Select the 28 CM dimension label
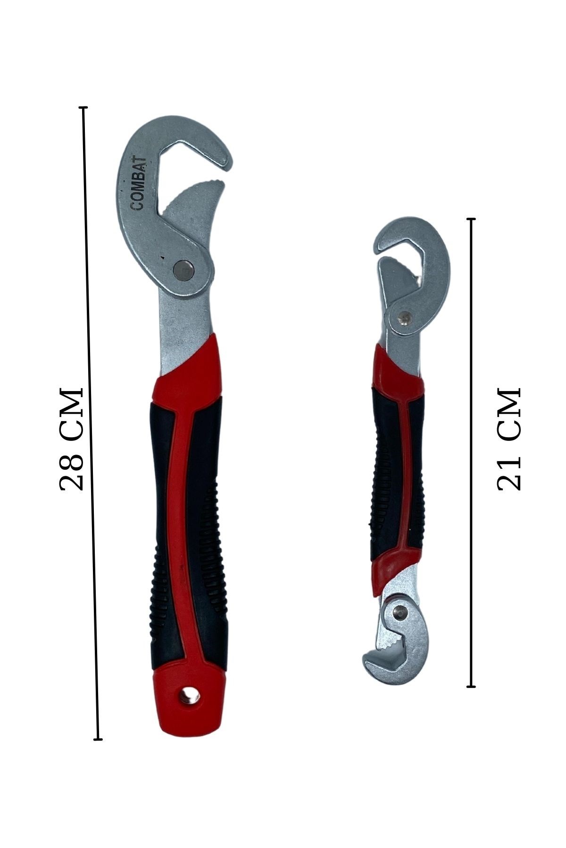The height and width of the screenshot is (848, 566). pos(72,439)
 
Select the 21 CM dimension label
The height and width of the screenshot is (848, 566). pos(509,440)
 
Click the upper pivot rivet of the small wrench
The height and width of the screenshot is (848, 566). pos(403,318)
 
